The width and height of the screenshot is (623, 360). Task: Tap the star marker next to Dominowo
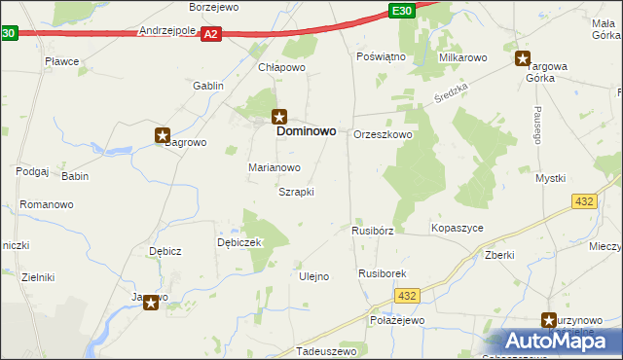coord(279,115)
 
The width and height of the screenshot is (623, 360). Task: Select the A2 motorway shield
coord(212,34)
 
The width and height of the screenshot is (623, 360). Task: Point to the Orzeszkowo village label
coord(383,135)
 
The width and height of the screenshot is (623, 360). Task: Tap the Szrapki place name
coord(296,192)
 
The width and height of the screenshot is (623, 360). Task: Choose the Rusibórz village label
coord(372,232)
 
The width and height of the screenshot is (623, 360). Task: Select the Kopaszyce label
coord(457,228)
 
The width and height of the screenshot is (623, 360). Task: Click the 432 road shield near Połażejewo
coord(409,296)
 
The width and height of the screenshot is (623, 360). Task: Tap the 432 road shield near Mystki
coord(584,200)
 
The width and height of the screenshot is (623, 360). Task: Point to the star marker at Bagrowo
coord(163,137)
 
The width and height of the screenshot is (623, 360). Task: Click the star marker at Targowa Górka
coord(523,58)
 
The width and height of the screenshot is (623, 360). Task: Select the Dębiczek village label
coord(239,242)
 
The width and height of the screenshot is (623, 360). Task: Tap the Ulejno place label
coord(312,276)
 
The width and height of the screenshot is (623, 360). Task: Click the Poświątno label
coord(381,57)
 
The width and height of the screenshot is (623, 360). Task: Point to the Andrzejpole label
coord(168,31)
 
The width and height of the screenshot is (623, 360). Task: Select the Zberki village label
coord(498,255)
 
